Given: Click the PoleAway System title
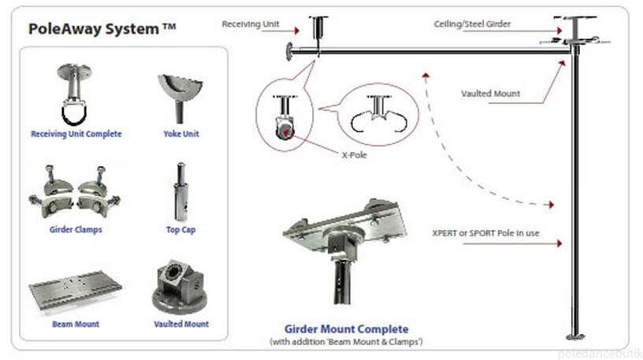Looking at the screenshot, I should pos(102,30).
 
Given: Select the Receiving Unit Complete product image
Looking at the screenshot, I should pos(76,95).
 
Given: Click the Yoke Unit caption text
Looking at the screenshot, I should pos(180,134).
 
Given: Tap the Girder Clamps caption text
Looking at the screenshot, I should pos(76,230).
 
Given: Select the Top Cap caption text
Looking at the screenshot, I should pos(180,230).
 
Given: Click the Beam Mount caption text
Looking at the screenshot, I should pos(76,324).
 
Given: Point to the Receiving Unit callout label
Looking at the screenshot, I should pos(250,24).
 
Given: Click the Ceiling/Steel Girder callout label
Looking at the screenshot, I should pos(472,24).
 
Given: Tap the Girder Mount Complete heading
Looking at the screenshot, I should pos(346,328).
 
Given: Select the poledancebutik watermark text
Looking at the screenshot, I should pos(598,354).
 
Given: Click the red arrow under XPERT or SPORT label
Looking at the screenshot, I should pos(512,244).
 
